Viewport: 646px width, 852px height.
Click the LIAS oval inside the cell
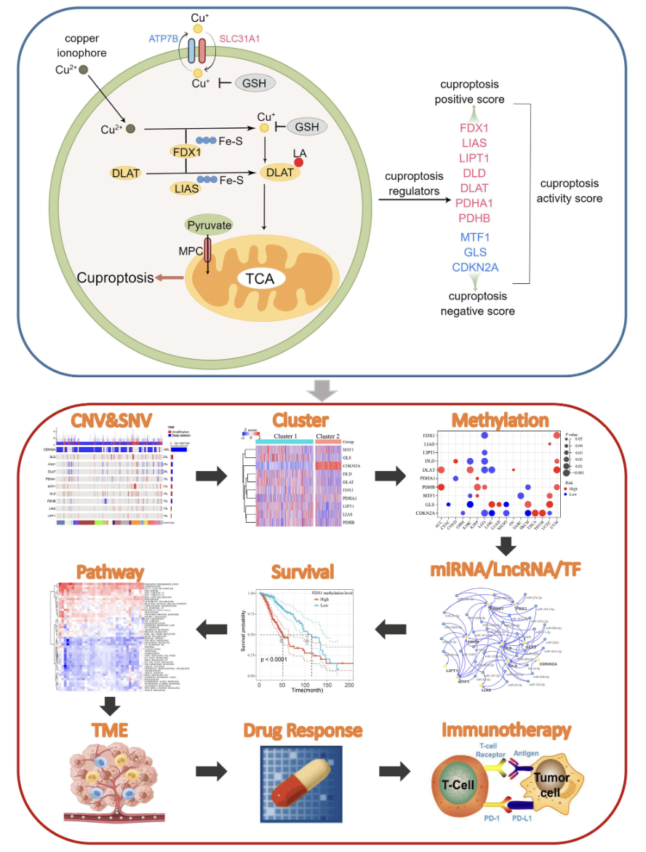tap(186, 189)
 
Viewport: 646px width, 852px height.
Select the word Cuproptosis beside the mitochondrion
tap(115, 277)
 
